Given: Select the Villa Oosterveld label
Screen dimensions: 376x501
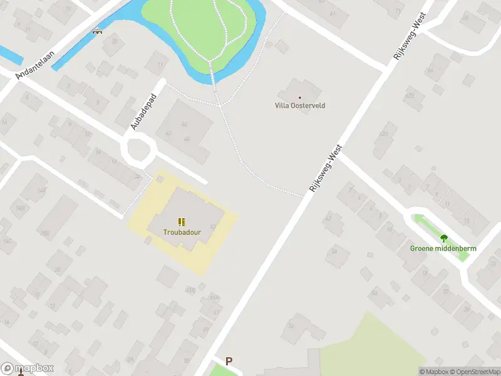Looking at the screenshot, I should [300, 105].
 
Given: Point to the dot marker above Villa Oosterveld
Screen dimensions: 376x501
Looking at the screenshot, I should [300, 97].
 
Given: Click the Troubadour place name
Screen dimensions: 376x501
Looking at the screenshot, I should [182, 232].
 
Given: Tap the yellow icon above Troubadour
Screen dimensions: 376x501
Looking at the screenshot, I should [182, 222].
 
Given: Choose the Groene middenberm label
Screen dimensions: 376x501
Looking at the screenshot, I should [443, 248].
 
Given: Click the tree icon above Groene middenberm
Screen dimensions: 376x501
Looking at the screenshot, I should [444, 238].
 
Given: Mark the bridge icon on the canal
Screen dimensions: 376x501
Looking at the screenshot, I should [97, 31].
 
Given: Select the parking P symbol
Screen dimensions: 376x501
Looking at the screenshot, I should [229, 361].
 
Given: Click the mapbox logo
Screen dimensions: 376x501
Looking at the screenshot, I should [28, 368].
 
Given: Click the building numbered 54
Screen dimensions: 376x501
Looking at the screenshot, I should [291, 325].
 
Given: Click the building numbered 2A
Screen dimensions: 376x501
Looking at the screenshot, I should [130, 359].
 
